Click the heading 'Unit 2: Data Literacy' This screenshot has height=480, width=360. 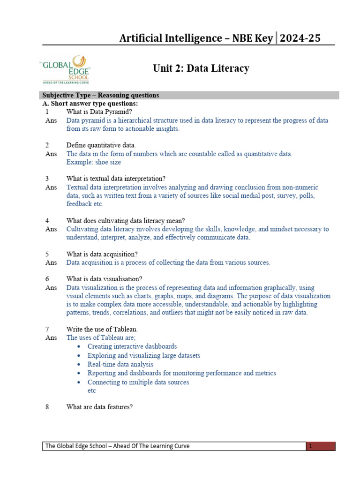pyautogui.click(x=201, y=68)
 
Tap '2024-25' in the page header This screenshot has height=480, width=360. pyautogui.click(x=300, y=38)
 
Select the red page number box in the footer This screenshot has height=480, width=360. pyautogui.click(x=322, y=446)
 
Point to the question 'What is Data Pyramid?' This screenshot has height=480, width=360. pyautogui.click(x=99, y=112)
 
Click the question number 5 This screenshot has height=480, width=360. pyautogui.click(x=47, y=254)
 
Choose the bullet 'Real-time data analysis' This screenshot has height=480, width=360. pyautogui.click(x=120, y=364)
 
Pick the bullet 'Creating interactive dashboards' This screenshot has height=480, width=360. pyautogui.click(x=132, y=346)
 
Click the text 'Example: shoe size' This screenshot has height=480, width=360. pyautogui.click(x=94, y=162)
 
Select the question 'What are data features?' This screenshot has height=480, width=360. pyautogui.click(x=99, y=407)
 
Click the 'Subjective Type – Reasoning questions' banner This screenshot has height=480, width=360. pyautogui.click(x=101, y=95)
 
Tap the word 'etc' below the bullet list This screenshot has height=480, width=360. pyautogui.click(x=92, y=390)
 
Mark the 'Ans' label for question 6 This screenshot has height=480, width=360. pyautogui.click(x=51, y=287)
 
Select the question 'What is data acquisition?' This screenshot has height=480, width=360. pyautogui.click(x=102, y=254)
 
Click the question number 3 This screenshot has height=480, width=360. pyautogui.click(x=47, y=179)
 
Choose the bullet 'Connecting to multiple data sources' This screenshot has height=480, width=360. pyautogui.click(x=138, y=382)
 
